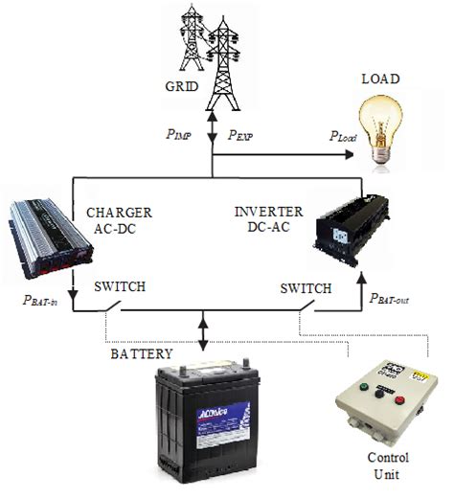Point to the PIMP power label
(178, 136)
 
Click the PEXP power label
(241, 136)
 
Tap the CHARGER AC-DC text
(121, 218)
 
